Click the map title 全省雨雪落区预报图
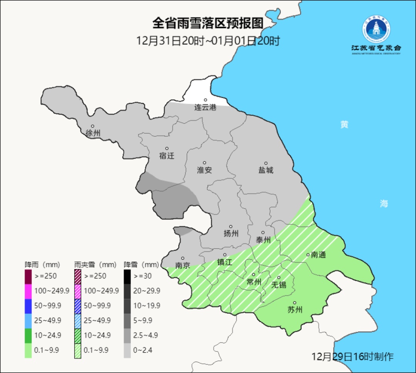pos(208,23)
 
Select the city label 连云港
pos(205,108)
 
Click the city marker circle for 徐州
pos(92,126)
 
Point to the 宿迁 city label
pos(166,156)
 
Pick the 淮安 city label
pos(205,170)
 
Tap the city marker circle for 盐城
pos(265,163)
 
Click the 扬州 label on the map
pos(231,233)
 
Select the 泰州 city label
pos(263,240)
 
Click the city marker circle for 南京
pos(183,258)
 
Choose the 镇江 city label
pos(225,262)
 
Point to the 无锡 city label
pos(278,285)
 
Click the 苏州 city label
pos(295,310)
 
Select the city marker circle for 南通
pos(308,254)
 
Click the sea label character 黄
pos(344,124)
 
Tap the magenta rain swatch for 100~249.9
pos(28,291)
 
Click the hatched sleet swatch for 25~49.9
pos(77,320)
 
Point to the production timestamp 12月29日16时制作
pos(352,356)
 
